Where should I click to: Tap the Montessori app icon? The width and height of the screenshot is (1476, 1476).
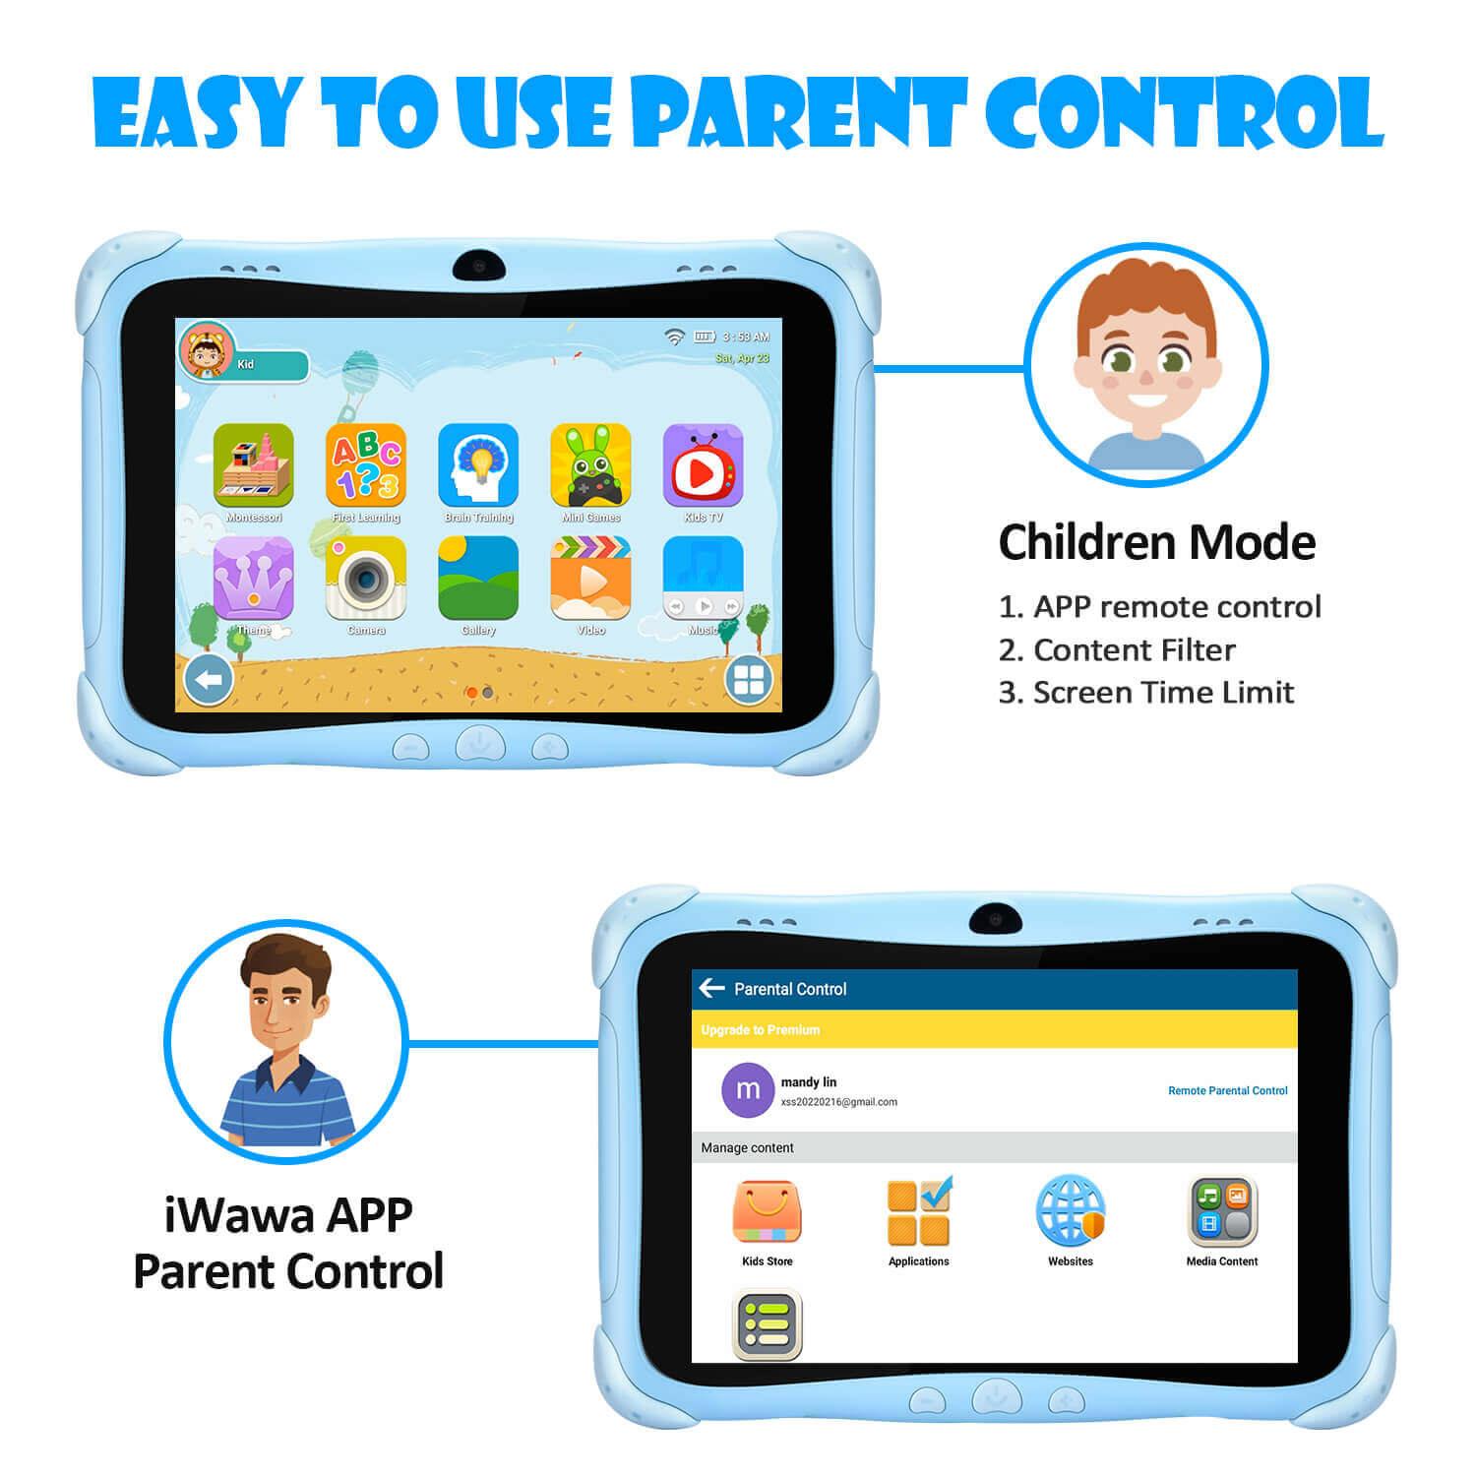(254, 464)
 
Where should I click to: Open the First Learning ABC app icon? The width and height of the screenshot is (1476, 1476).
(366, 464)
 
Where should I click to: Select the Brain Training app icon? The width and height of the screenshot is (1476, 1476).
(478, 464)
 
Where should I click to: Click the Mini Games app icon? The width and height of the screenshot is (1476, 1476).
(590, 464)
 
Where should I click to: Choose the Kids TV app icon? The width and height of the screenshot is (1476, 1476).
(703, 464)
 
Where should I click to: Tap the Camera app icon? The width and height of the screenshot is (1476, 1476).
(366, 579)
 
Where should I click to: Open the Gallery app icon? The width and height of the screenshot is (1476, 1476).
(478, 579)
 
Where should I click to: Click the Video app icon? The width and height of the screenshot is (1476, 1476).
(590, 579)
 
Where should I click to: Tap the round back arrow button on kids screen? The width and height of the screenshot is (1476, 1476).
(209, 679)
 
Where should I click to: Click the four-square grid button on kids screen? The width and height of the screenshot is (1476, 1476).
(749, 679)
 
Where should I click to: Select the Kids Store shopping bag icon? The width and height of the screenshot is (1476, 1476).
(767, 1212)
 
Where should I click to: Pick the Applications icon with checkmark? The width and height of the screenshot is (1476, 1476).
(919, 1212)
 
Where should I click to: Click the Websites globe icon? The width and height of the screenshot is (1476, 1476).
(1070, 1212)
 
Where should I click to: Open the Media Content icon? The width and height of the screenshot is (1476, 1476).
(1222, 1212)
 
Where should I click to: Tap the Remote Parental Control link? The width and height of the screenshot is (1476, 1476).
(1227, 1090)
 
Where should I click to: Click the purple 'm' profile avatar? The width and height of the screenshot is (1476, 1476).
(748, 1090)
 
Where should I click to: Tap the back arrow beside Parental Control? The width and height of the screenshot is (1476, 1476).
(710, 988)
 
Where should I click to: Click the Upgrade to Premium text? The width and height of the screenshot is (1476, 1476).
(761, 1030)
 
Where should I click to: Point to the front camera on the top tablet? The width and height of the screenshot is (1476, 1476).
(479, 265)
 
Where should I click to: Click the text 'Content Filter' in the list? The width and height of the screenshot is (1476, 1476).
(1134, 650)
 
